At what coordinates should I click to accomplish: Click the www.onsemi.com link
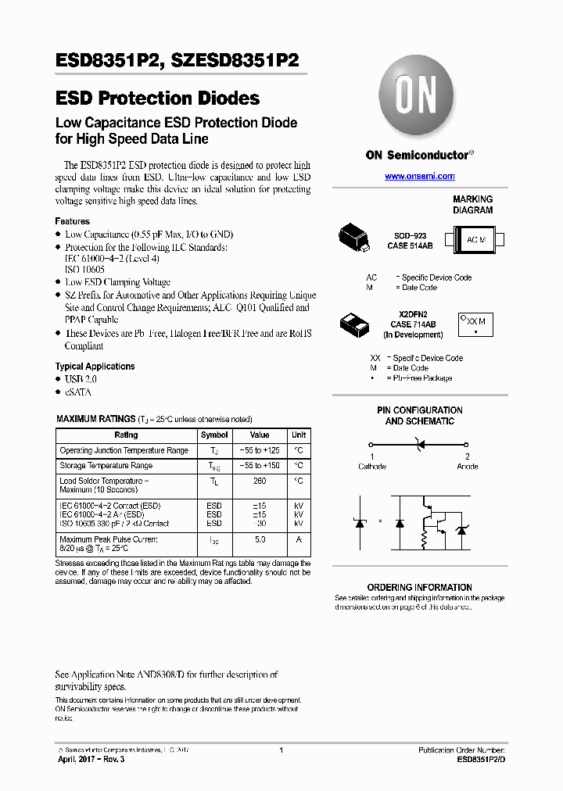(x=419, y=177)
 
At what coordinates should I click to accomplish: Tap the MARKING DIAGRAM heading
(x=472, y=205)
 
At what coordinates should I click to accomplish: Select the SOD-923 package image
(x=355, y=238)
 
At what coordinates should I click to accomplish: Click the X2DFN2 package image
(x=357, y=323)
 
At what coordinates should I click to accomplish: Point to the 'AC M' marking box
(x=475, y=240)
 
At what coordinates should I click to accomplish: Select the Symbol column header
(x=214, y=435)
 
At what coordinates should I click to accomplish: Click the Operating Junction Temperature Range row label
(x=124, y=450)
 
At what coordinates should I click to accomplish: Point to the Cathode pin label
(x=372, y=467)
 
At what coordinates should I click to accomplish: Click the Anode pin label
(x=468, y=467)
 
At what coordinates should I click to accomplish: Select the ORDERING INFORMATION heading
(x=419, y=587)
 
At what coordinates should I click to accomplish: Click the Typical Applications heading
(x=95, y=366)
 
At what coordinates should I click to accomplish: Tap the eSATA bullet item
(x=77, y=392)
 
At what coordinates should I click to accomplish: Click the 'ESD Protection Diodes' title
(x=158, y=98)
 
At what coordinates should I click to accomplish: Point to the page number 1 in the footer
(x=281, y=750)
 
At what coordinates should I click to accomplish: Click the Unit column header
(x=299, y=435)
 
